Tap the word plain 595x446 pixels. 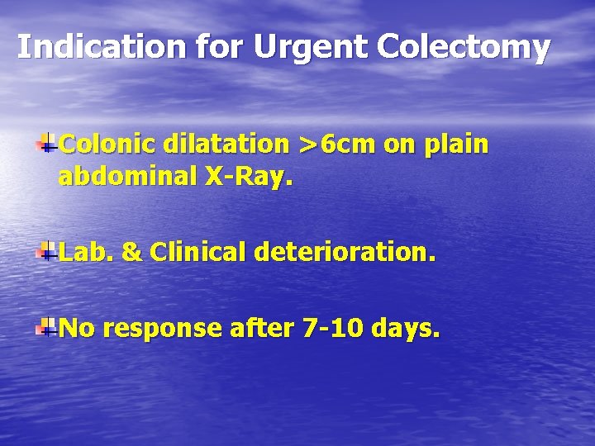pyautogui.click(x=455, y=146)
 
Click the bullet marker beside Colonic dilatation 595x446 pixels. pyautogui.click(x=47, y=142)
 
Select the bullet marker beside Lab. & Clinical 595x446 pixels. pyautogui.click(x=47, y=250)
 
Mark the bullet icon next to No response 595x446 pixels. pyautogui.click(x=47, y=327)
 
